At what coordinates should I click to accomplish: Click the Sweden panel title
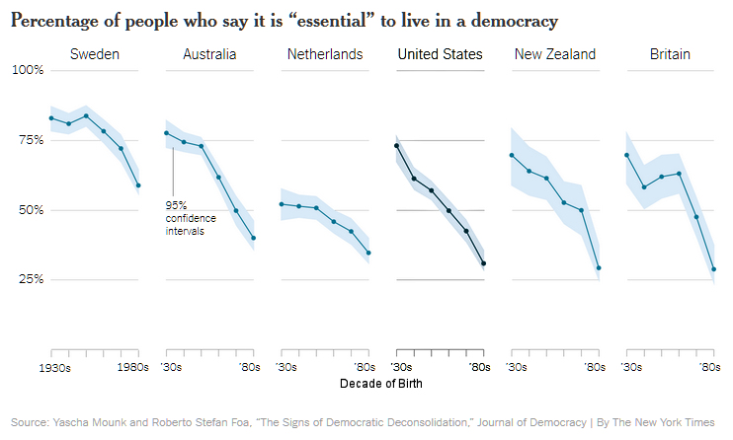[x=95, y=54]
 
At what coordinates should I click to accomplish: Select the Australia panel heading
[x=209, y=54]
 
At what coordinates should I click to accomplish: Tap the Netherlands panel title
[x=325, y=54]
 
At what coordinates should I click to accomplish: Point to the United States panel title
[x=440, y=54]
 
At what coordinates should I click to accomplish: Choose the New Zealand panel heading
[x=555, y=54]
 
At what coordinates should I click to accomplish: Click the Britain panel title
[x=670, y=54]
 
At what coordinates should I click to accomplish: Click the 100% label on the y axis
[x=27, y=71]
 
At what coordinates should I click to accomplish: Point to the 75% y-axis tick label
[x=29, y=140]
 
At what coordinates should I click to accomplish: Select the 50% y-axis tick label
[x=29, y=210]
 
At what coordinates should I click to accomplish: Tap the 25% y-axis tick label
[x=29, y=279]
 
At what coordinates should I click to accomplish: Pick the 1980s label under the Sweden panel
[x=131, y=368]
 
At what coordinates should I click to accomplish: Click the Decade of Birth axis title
[x=382, y=383]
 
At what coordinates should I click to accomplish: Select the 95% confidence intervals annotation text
[x=191, y=218]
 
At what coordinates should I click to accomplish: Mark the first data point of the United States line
[x=396, y=146]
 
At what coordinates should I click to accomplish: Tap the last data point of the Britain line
[x=713, y=269]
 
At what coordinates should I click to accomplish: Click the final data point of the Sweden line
[x=138, y=185]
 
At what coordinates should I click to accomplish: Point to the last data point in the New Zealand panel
[x=599, y=268]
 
